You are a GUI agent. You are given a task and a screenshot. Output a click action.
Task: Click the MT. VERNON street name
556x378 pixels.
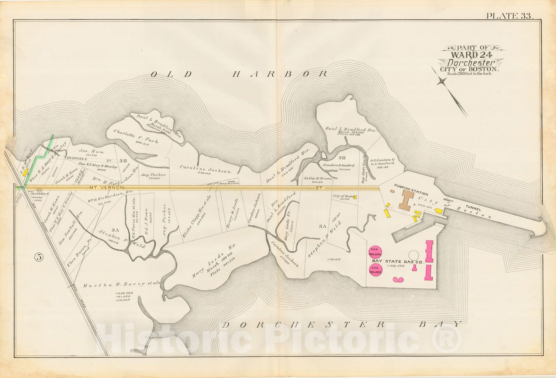click(x=101, y=188)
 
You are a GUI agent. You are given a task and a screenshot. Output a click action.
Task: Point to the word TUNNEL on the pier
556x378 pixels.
click(x=474, y=209)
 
